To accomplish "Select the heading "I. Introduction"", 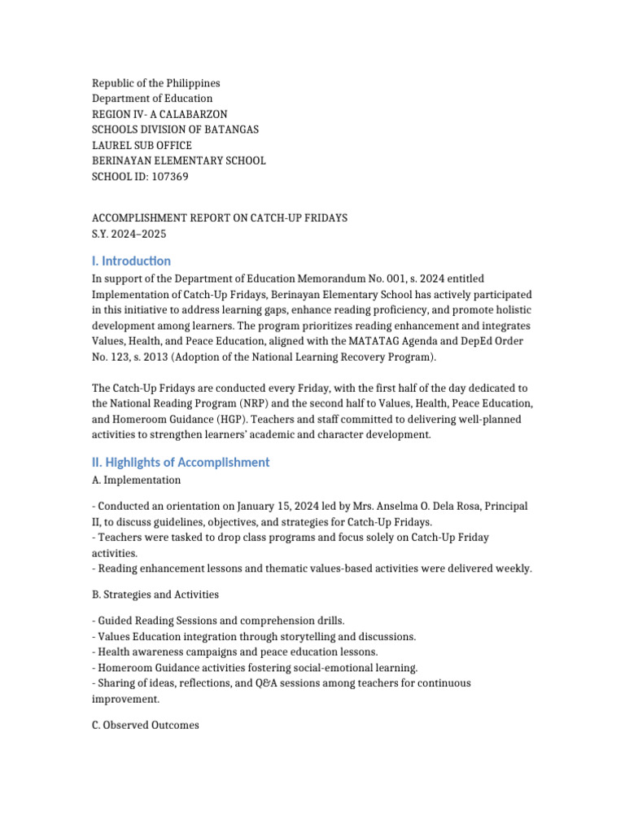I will tap(131, 261).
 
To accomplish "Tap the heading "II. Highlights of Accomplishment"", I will tap(181, 462).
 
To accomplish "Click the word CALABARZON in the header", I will tap(193, 114).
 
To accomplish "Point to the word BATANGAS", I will tap(230, 129).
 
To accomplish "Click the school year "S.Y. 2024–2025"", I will tap(129, 233).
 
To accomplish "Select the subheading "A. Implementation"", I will tap(136, 480).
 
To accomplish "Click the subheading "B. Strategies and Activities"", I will tap(155, 595).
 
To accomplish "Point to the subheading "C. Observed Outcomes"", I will tap(145, 725).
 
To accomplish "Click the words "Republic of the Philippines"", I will tap(155, 83).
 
